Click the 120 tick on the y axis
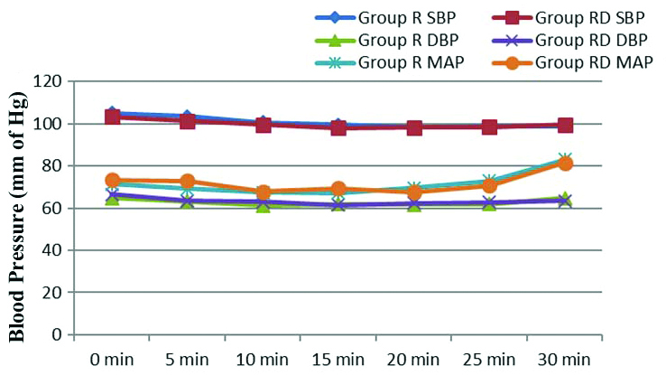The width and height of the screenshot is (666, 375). pos(47,81)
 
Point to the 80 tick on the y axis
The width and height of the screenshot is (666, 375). pos(51,166)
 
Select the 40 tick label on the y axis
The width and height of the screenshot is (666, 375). pos(51,250)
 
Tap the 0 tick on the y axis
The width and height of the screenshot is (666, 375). pos(55,335)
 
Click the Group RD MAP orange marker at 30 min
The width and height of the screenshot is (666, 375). pos(565,164)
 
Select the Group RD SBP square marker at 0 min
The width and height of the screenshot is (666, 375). pos(113,117)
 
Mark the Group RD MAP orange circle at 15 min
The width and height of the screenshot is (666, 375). pos(338,190)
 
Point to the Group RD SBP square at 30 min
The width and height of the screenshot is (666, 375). pos(565,125)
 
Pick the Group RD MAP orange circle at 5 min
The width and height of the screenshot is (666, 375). pos(188,182)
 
